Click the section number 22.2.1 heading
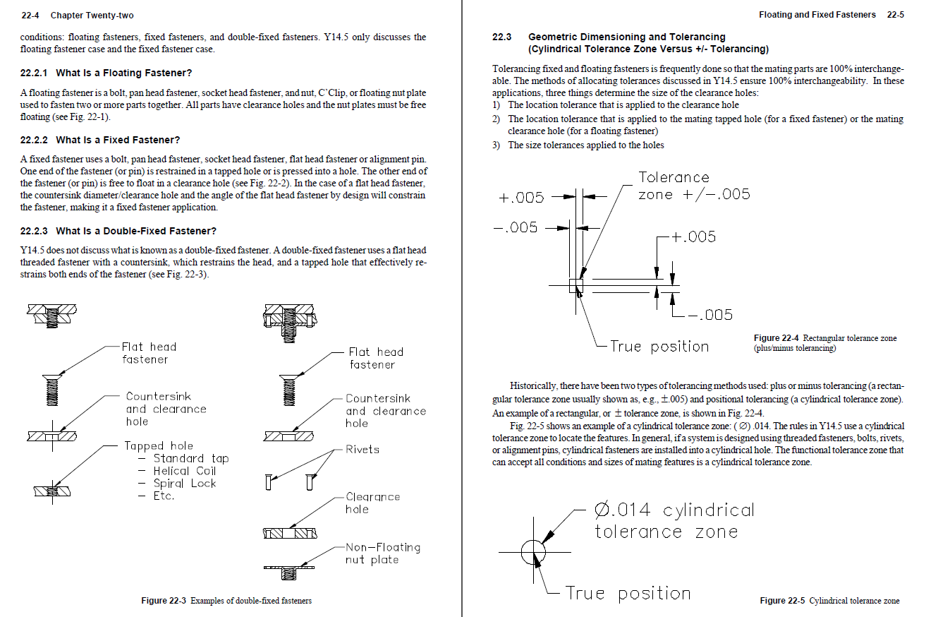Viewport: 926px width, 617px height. click(34, 73)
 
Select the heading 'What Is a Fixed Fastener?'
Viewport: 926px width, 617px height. click(118, 140)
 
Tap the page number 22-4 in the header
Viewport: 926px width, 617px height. click(29, 15)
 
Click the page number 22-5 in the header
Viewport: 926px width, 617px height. click(895, 14)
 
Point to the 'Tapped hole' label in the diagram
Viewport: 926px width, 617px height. click(158, 445)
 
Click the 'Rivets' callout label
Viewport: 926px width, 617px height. click(362, 449)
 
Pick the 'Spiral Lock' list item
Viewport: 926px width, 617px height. click(184, 484)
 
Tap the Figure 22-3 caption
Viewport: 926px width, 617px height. click(226, 601)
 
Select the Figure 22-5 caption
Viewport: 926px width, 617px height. click(829, 601)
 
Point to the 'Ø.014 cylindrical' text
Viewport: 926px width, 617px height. click(674, 510)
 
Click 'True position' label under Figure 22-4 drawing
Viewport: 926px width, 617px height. click(659, 346)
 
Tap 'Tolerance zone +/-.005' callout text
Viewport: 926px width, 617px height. click(693, 186)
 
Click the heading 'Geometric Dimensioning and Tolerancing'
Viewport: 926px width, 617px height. click(626, 37)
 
